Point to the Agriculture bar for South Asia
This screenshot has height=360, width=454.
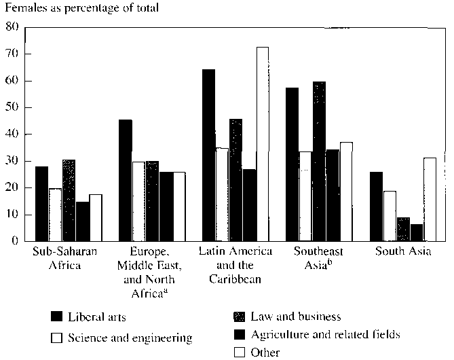[x=416, y=232]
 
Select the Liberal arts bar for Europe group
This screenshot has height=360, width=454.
[x=125, y=180]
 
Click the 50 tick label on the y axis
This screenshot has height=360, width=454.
[x=12, y=107]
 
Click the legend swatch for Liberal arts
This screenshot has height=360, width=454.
[x=58, y=317]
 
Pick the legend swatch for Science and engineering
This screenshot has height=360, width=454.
[x=58, y=337]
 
